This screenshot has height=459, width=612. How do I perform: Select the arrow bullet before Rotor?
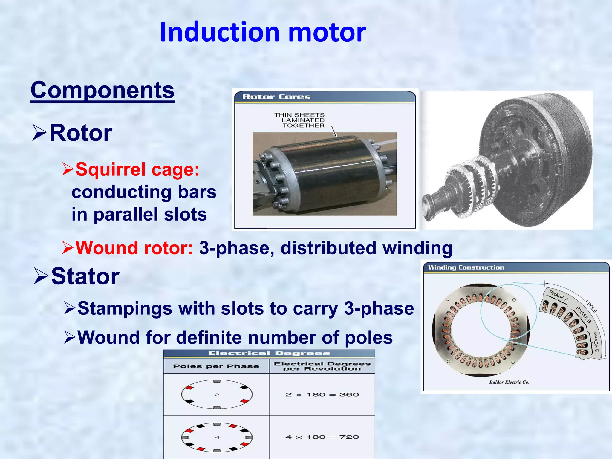[x=39, y=133]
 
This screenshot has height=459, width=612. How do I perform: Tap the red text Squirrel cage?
[x=137, y=169]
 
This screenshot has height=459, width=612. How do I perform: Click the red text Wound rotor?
[x=134, y=248]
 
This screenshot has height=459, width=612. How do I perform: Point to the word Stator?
[x=85, y=276]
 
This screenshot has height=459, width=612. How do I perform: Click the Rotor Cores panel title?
[x=276, y=97]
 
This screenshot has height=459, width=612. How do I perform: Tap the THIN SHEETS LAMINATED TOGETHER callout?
[x=300, y=120]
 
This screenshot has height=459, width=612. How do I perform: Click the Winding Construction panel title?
[x=466, y=267]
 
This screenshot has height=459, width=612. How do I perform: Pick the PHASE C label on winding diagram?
[x=596, y=342]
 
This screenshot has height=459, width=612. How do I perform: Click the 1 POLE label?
[x=591, y=306]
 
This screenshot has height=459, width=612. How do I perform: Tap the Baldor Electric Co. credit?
[x=509, y=382]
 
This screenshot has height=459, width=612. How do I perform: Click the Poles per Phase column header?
[x=216, y=366]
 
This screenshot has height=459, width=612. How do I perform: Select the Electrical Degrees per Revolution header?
[x=322, y=366]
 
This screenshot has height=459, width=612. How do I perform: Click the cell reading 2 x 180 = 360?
[x=322, y=394]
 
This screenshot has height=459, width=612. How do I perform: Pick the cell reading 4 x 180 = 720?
[x=322, y=437]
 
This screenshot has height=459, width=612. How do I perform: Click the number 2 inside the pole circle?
[x=217, y=395]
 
